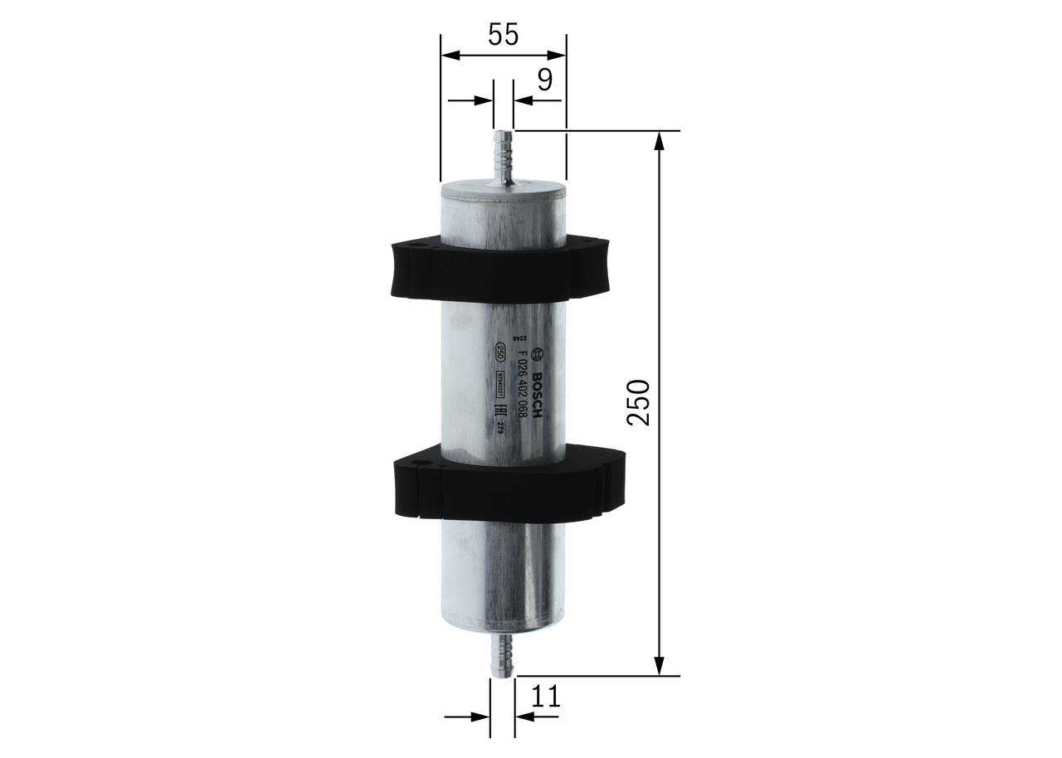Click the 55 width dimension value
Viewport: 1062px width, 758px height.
(503, 35)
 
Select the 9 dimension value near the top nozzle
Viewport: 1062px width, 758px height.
(544, 80)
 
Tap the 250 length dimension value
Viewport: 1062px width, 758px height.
(637, 403)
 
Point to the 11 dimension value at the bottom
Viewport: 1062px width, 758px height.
(545, 697)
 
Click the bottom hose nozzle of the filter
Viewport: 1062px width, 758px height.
(503, 655)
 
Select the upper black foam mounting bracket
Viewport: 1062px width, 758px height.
(503, 269)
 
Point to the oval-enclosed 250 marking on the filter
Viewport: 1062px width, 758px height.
(500, 352)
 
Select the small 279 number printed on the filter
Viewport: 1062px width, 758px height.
(500, 428)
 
